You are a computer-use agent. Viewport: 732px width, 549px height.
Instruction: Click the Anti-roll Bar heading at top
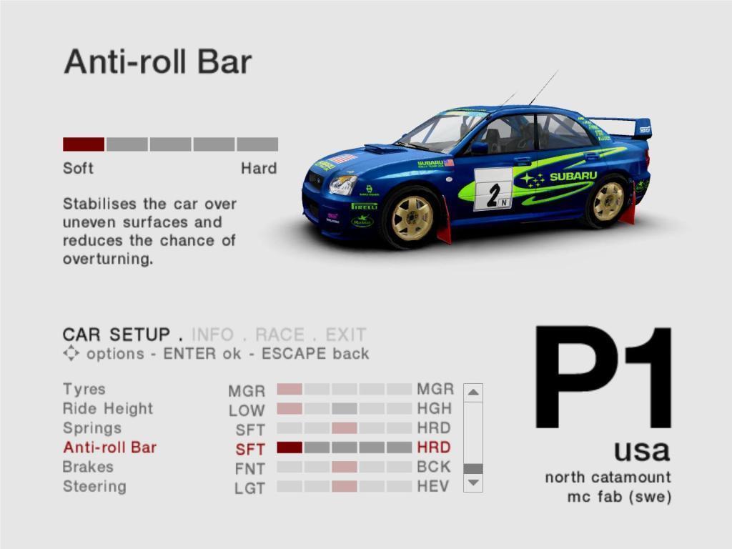(x=158, y=61)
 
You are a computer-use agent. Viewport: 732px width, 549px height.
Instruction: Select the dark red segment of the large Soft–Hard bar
(x=84, y=144)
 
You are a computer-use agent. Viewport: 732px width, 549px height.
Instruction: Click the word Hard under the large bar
(x=259, y=168)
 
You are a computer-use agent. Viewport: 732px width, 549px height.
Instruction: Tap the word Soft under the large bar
(x=78, y=168)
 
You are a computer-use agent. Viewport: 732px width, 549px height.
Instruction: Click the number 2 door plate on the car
(x=493, y=189)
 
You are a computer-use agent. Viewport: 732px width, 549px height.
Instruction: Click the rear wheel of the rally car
(x=608, y=202)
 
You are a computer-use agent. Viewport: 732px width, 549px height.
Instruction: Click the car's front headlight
(x=342, y=185)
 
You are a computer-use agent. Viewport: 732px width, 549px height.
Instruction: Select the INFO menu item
(x=212, y=335)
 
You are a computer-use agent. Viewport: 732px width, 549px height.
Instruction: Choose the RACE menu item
(x=280, y=335)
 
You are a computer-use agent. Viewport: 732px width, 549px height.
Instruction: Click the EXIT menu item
(x=345, y=335)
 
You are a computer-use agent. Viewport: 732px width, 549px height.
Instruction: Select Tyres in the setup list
(x=84, y=390)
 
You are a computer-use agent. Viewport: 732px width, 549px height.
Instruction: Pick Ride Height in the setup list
(x=108, y=408)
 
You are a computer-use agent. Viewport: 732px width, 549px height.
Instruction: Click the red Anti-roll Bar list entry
(x=109, y=447)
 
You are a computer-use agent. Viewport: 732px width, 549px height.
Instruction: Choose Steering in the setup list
(x=94, y=486)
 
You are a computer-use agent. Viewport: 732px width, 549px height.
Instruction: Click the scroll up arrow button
(x=473, y=392)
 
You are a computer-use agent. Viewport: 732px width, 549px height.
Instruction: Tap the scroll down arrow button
(x=473, y=483)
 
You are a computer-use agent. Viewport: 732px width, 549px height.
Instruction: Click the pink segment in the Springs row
(x=345, y=428)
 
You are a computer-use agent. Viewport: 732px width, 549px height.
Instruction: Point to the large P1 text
(x=603, y=377)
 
